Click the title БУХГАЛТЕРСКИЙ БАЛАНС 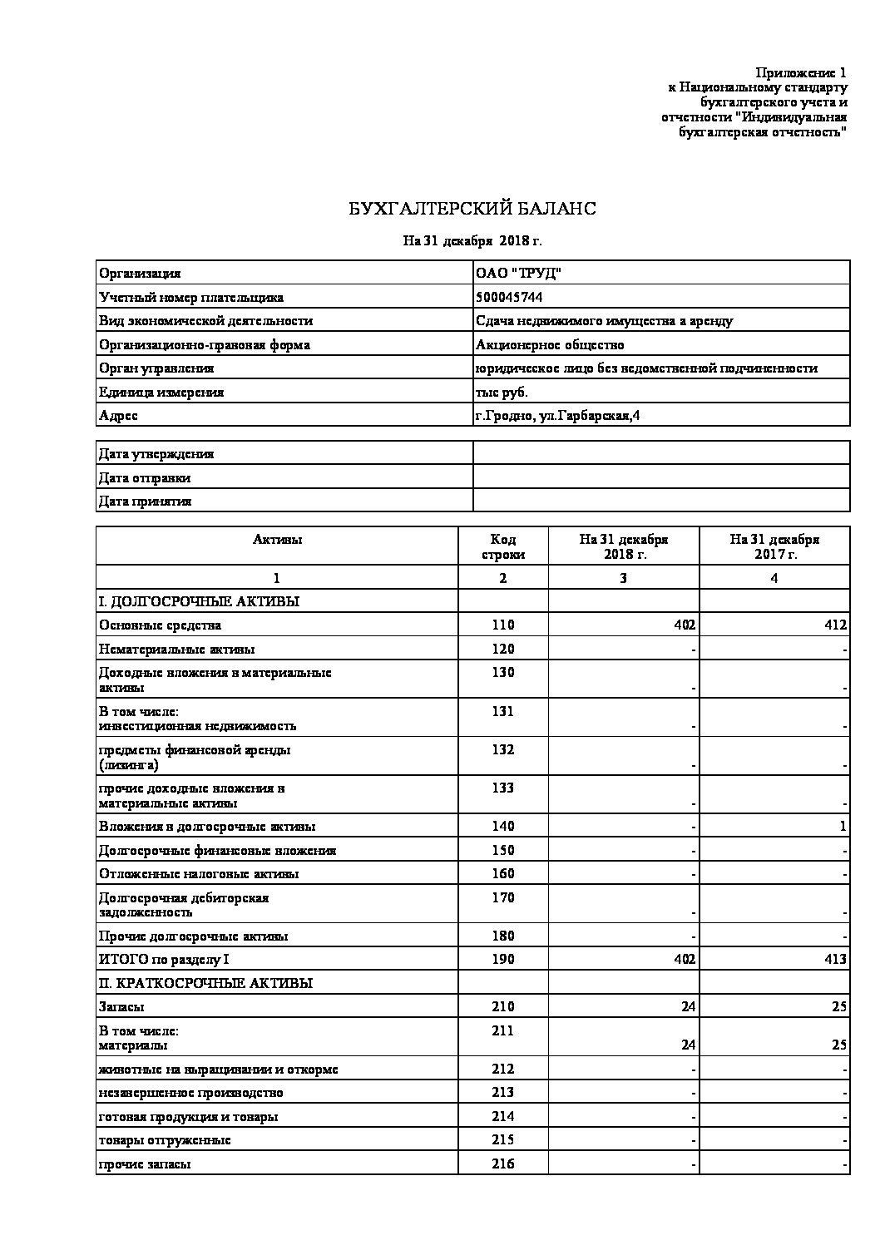(472, 209)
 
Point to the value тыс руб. (501, 392)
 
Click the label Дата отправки (145, 477)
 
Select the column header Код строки (503, 546)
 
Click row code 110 (502, 625)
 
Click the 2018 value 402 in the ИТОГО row (684, 959)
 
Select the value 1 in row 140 (843, 826)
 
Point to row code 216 (502, 1163)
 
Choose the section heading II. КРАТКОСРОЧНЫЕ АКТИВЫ (205, 982)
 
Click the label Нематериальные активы (176, 649)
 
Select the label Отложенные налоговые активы (199, 873)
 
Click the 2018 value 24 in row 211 (687, 1045)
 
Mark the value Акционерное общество (549, 344)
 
